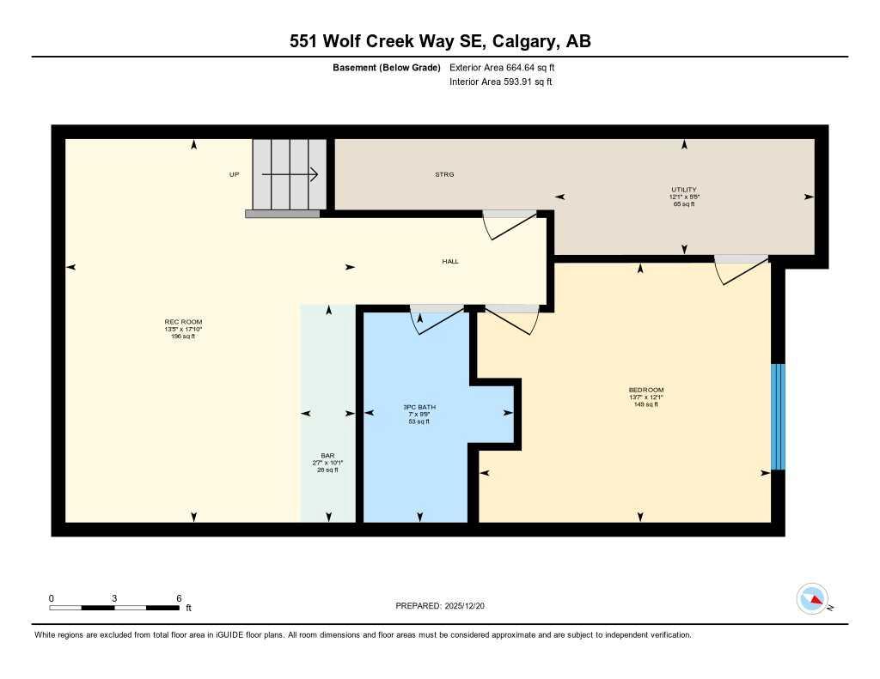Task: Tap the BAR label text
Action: click(327, 456)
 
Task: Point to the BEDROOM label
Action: click(645, 390)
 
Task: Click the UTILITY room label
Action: click(684, 190)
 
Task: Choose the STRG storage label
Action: click(444, 174)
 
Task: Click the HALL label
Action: click(450, 261)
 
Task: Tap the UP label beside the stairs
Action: click(234, 174)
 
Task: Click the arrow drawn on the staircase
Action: click(290, 174)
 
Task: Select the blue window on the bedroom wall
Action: click(778, 417)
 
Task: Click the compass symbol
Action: click(812, 598)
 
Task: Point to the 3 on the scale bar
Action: click(114, 598)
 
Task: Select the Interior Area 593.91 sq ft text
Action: click(500, 82)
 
